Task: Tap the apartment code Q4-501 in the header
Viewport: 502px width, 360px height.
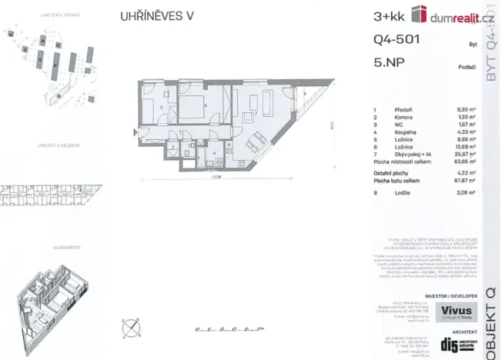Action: tap(396, 41)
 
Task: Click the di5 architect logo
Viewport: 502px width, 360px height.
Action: tap(446, 345)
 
